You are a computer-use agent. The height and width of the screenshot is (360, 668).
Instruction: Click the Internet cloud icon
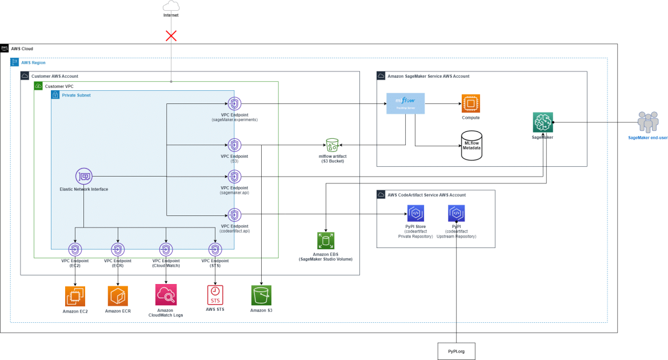(x=171, y=6)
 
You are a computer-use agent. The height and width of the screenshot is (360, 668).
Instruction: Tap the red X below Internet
(x=171, y=36)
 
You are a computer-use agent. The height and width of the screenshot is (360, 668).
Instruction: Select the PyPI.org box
(x=456, y=350)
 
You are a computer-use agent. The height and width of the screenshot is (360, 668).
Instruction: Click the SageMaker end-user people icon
(x=647, y=122)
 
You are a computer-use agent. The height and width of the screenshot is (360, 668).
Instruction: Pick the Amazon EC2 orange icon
(x=75, y=296)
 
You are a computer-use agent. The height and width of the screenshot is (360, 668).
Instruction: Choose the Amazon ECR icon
(x=118, y=296)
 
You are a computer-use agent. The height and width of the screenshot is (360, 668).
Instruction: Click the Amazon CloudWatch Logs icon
(x=166, y=295)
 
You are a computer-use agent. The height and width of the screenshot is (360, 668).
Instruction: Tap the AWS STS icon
(x=215, y=295)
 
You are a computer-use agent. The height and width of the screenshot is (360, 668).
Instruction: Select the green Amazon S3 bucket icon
(x=261, y=295)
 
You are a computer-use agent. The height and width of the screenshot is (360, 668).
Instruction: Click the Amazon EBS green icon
(x=326, y=241)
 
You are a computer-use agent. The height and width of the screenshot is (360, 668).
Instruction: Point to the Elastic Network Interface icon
(x=84, y=177)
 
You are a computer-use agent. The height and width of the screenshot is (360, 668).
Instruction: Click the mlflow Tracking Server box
(x=406, y=103)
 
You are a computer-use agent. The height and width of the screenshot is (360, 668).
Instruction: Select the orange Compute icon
(x=471, y=103)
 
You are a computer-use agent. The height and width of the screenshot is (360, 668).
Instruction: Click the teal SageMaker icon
(x=543, y=122)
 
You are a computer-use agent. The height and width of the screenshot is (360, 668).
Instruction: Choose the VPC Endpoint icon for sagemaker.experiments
(x=234, y=104)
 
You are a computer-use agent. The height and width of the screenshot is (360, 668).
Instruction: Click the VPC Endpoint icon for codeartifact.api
(x=234, y=215)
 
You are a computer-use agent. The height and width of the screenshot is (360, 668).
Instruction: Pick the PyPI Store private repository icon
(x=415, y=214)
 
